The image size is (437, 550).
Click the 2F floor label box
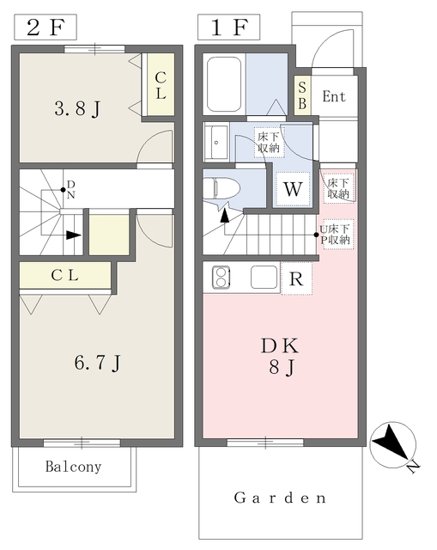[46, 27]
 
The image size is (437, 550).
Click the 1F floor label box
[229, 27]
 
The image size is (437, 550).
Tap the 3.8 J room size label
[77, 108]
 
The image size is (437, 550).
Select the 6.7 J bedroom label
[97, 363]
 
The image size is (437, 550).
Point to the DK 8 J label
[280, 357]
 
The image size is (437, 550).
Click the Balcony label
[73, 467]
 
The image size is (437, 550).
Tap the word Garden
[280, 498]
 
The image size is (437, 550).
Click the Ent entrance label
[334, 96]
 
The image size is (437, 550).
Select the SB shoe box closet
[302, 95]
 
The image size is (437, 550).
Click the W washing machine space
[293, 189]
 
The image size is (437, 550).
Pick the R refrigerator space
[296, 278]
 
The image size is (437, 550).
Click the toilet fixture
[222, 189]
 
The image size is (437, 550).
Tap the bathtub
[224, 84]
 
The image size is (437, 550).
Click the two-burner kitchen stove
[222, 277]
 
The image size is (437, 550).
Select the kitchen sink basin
[264, 277]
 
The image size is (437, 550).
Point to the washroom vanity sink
[215, 143]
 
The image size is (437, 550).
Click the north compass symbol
[394, 445]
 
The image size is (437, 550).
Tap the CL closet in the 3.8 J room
[161, 84]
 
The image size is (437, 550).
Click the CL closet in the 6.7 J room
[65, 275]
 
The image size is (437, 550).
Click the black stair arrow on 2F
[74, 235]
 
